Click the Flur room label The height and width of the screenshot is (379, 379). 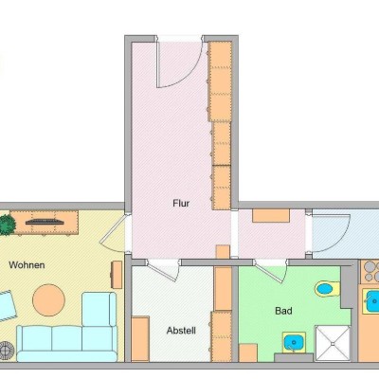181,203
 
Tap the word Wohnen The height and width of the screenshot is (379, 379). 27,264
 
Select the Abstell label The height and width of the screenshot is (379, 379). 181,331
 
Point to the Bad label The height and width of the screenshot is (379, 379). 283,311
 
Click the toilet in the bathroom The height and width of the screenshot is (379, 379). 327,289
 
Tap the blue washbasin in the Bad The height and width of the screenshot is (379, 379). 294,342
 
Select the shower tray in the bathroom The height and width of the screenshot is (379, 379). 333,343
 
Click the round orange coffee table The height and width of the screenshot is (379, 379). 49,299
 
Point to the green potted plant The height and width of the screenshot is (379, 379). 7,225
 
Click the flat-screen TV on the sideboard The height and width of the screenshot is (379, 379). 44,222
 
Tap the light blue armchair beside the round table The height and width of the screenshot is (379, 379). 99,309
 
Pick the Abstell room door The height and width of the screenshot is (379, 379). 163,270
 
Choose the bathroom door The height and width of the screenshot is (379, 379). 271,271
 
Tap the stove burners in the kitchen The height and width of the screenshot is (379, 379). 370,272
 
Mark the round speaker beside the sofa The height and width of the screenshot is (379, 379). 7,350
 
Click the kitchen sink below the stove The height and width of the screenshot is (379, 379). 370,301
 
